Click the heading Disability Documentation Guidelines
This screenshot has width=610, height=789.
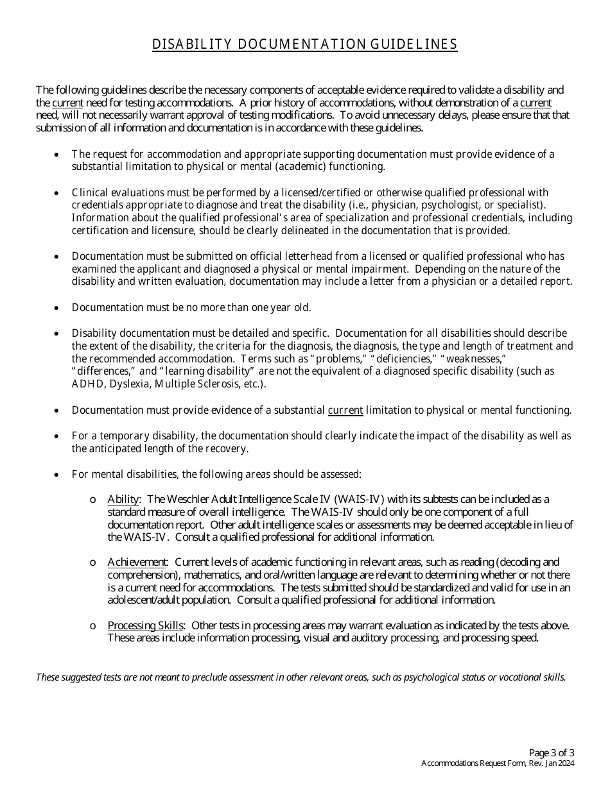(x=304, y=44)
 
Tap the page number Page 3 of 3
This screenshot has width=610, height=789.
(x=552, y=752)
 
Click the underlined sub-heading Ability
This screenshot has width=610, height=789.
(x=123, y=499)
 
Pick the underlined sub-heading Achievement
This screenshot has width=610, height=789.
(x=137, y=563)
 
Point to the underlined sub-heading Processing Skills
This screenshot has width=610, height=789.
(x=146, y=625)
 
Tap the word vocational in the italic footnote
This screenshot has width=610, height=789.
(x=519, y=677)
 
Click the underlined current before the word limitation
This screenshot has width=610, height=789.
(x=345, y=410)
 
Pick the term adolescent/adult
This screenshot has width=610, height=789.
(x=145, y=600)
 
